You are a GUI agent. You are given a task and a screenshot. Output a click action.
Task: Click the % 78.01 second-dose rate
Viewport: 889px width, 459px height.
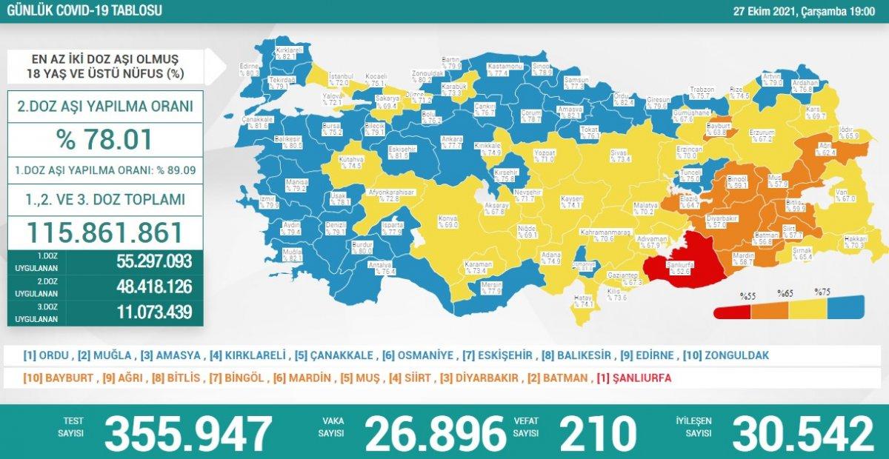coord(104,139)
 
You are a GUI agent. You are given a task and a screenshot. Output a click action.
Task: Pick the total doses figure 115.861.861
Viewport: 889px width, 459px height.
coord(104,232)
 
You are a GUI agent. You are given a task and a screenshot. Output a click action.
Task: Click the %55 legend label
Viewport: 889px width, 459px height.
coord(747,296)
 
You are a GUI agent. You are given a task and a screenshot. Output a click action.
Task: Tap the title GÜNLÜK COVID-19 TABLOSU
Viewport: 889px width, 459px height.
coord(84,10)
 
